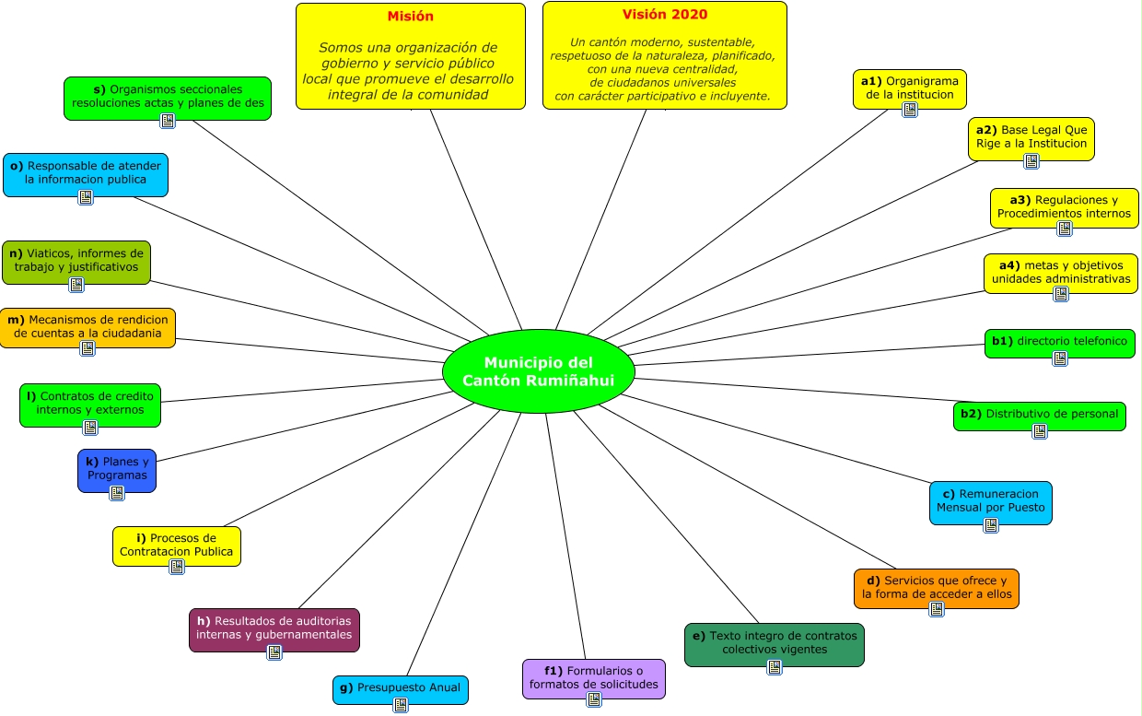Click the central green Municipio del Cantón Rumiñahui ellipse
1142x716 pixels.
click(x=539, y=371)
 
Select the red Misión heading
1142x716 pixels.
click(x=411, y=17)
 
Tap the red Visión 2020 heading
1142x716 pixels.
click(x=664, y=15)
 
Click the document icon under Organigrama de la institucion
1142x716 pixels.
click(x=910, y=110)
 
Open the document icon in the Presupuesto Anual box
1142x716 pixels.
click(x=400, y=705)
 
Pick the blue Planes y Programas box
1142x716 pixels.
click(x=117, y=470)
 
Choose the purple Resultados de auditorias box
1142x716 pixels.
click(x=274, y=629)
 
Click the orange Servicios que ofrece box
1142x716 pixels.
click(x=936, y=588)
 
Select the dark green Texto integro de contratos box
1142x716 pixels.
click(x=775, y=643)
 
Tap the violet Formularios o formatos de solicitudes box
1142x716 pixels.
click(x=594, y=678)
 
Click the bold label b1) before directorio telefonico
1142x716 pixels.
click(x=1002, y=341)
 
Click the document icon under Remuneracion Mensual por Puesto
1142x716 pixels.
click(x=991, y=525)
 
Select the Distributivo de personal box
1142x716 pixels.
click(x=1039, y=416)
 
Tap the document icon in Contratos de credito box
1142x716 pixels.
click(x=90, y=427)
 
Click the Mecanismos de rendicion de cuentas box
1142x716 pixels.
click(x=87, y=327)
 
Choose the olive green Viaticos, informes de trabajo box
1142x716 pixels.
click(x=76, y=262)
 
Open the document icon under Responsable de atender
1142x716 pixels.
click(x=86, y=197)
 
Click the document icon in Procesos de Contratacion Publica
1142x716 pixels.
click(x=177, y=566)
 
